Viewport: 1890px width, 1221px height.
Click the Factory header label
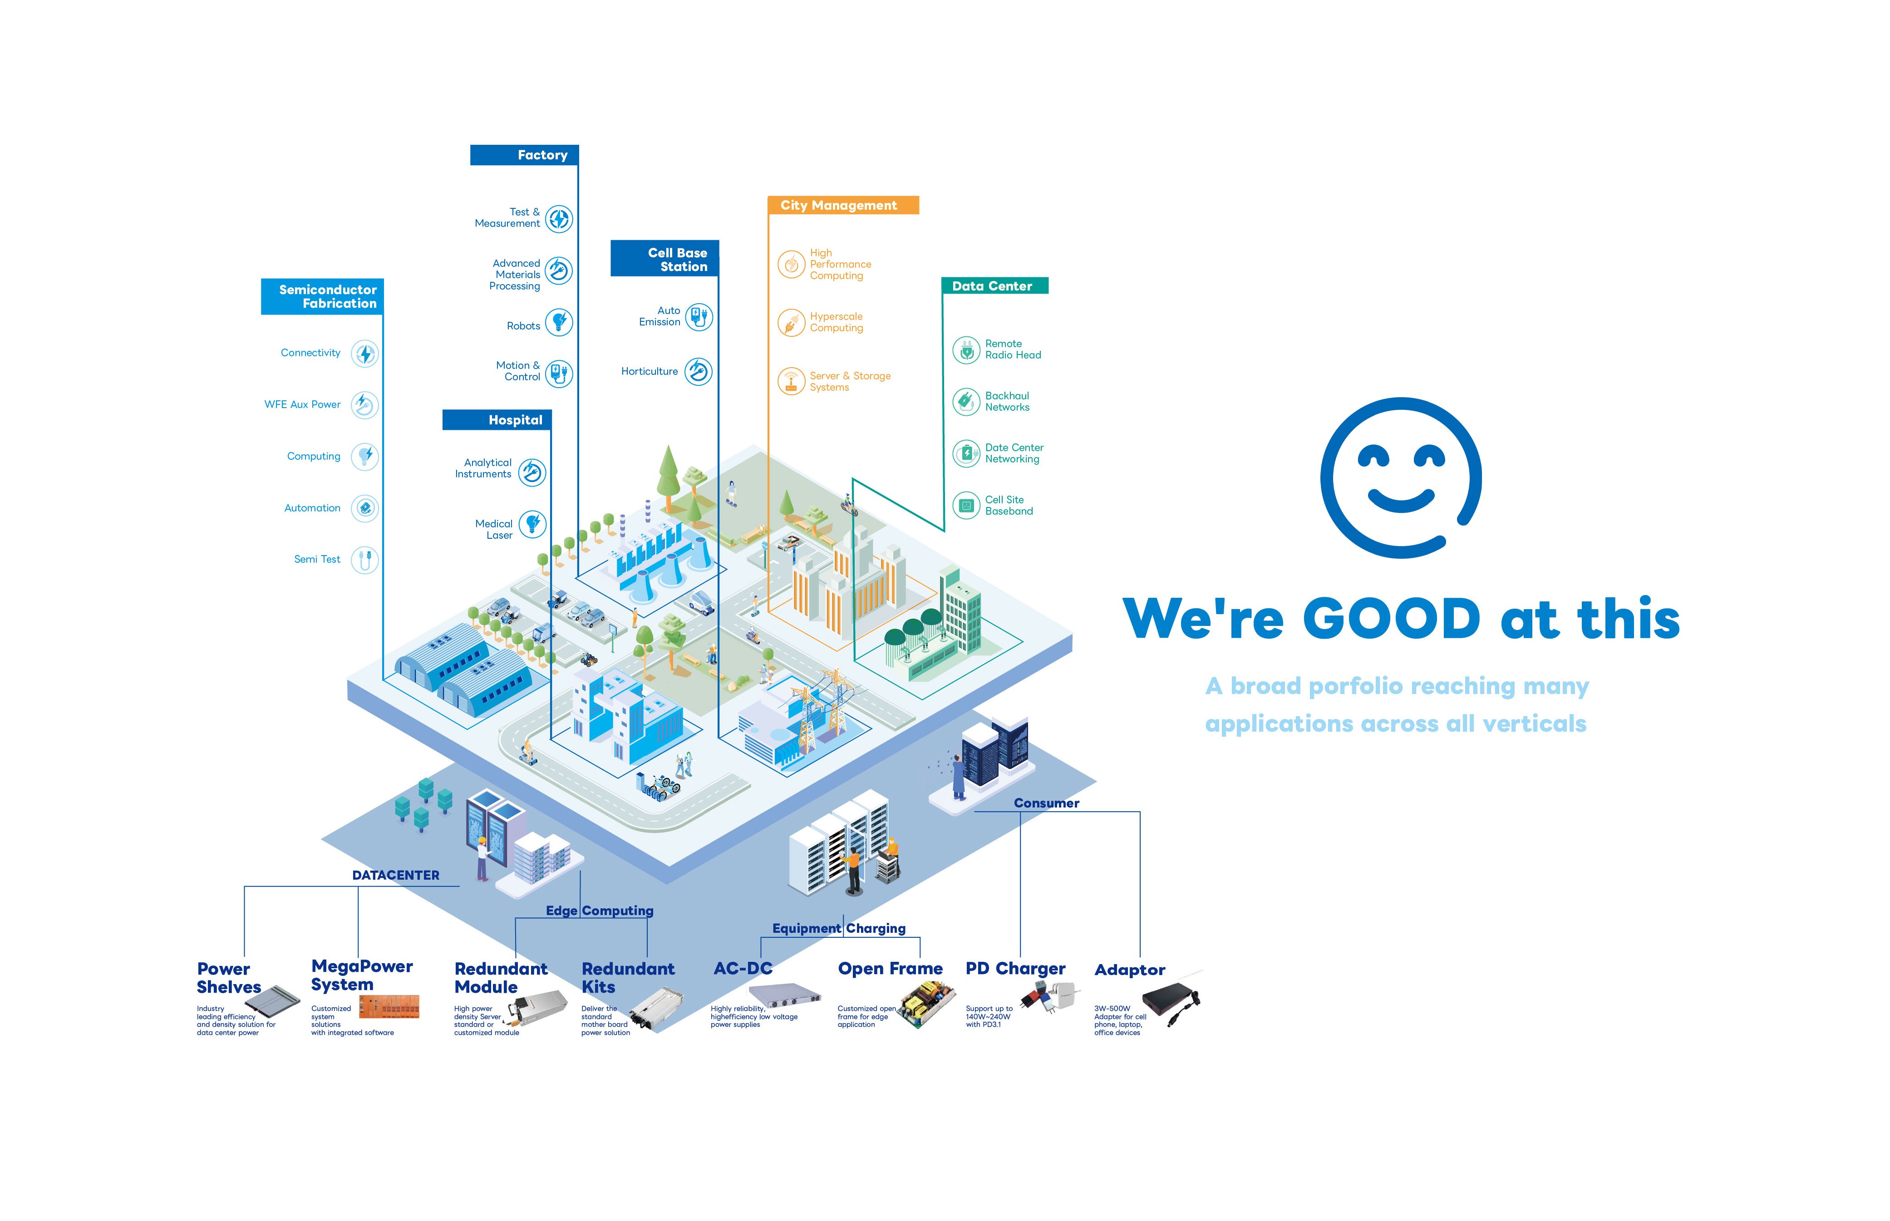(x=524, y=155)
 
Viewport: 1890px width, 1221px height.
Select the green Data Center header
(x=994, y=286)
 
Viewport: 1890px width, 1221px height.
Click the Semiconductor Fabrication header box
(x=323, y=296)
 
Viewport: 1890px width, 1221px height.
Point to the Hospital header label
(x=497, y=420)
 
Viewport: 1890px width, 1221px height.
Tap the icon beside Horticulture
(x=699, y=371)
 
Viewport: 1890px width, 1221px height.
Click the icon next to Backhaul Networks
(x=965, y=402)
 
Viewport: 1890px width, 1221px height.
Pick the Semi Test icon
(x=364, y=560)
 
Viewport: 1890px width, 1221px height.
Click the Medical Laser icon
(x=532, y=524)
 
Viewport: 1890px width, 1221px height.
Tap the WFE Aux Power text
(x=302, y=404)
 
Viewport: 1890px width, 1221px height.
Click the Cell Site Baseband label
(x=1009, y=506)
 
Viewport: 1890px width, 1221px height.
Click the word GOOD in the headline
(x=1391, y=619)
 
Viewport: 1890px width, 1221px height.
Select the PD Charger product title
(x=1015, y=969)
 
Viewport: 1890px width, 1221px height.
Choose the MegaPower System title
(x=361, y=975)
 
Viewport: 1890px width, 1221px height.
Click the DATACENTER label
(x=396, y=875)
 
